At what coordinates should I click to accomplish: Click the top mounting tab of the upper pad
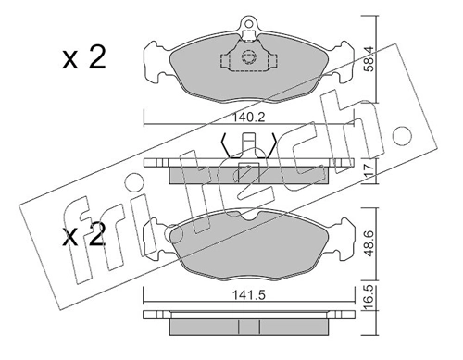coord(247,28)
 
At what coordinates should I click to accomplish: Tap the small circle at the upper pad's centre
coord(247,56)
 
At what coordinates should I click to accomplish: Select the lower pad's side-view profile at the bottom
coord(247,321)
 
